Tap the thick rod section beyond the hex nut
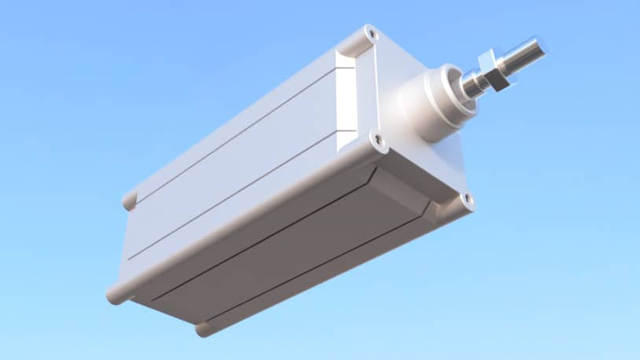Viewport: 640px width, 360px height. [522, 53]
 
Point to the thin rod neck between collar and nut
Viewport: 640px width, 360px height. [473, 82]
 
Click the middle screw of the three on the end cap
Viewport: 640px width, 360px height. [381, 141]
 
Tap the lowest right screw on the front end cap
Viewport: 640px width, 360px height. [467, 200]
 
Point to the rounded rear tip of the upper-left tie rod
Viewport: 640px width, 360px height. [129, 200]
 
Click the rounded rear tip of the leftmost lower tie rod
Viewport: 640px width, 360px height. [115, 296]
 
